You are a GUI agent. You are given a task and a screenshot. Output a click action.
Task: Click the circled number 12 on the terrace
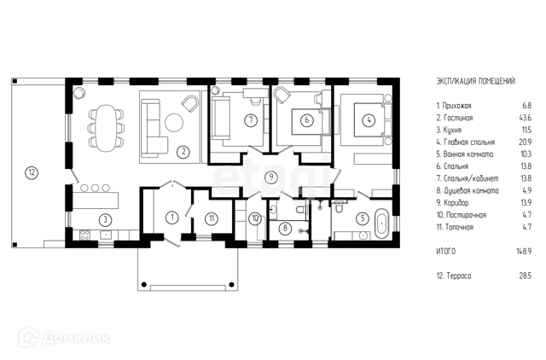32,172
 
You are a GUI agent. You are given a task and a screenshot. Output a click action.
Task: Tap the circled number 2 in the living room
183,152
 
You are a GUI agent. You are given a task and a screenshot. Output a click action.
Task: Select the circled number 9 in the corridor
271,177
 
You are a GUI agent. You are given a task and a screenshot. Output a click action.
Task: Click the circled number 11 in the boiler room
212,218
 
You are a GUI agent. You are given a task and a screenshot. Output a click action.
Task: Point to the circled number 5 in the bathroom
363,218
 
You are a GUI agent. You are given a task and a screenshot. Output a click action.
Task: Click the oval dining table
106,128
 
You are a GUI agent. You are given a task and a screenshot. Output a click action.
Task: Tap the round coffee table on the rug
174,123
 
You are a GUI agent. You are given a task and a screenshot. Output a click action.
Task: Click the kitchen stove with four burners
84,235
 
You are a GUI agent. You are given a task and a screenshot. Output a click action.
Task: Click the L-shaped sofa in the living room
154,131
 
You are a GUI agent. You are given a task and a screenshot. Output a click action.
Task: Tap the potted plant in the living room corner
79,93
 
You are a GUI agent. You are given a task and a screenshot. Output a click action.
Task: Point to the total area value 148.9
524,252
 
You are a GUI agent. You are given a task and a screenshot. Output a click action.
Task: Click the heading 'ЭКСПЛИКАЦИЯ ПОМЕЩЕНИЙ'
476,82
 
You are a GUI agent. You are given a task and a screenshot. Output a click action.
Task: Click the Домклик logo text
76,338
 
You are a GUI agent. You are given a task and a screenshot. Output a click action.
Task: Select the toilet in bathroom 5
338,207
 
